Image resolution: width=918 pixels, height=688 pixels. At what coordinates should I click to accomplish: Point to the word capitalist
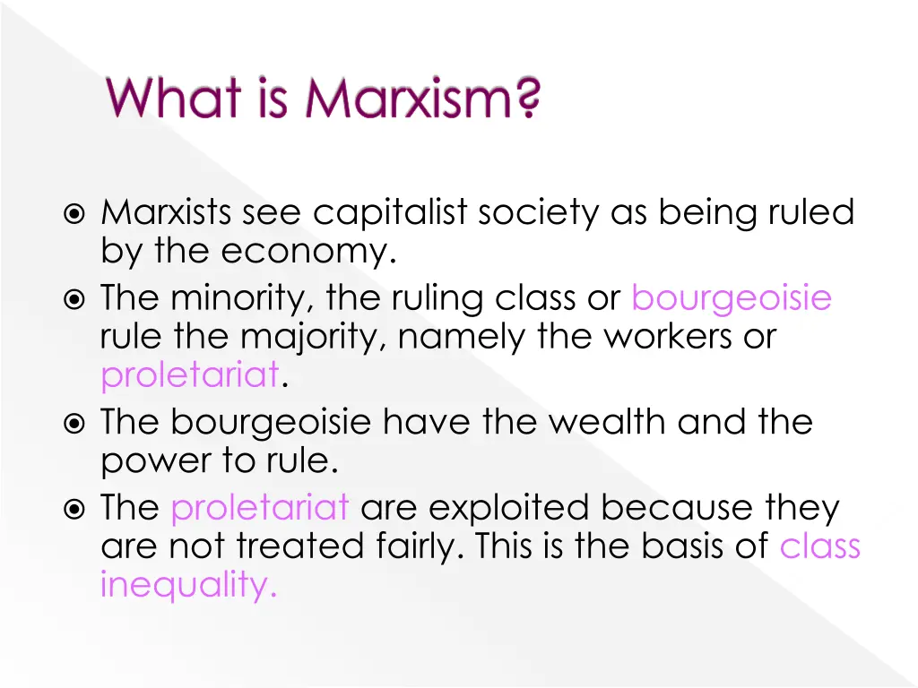390,213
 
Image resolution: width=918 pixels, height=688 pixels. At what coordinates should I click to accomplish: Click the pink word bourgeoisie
731,297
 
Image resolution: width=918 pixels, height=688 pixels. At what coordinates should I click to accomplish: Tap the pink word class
819,546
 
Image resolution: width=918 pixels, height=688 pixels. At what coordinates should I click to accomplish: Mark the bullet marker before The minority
76,298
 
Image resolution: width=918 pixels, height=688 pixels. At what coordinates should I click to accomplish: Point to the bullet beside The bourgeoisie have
76,422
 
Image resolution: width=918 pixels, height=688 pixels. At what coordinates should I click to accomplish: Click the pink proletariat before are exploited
259,508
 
